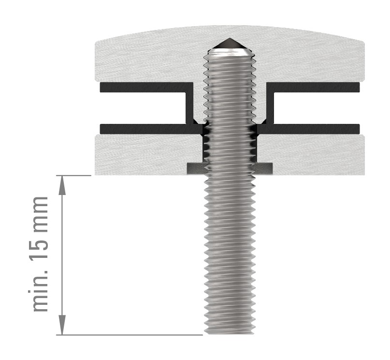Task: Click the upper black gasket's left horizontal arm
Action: [x=145, y=87]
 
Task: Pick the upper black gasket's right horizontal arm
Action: [x=314, y=87]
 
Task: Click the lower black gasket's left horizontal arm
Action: [x=145, y=129]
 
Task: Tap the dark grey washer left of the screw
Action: [x=195, y=168]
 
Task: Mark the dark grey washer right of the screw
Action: [x=264, y=168]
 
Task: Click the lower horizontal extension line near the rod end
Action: [x=145, y=335]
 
